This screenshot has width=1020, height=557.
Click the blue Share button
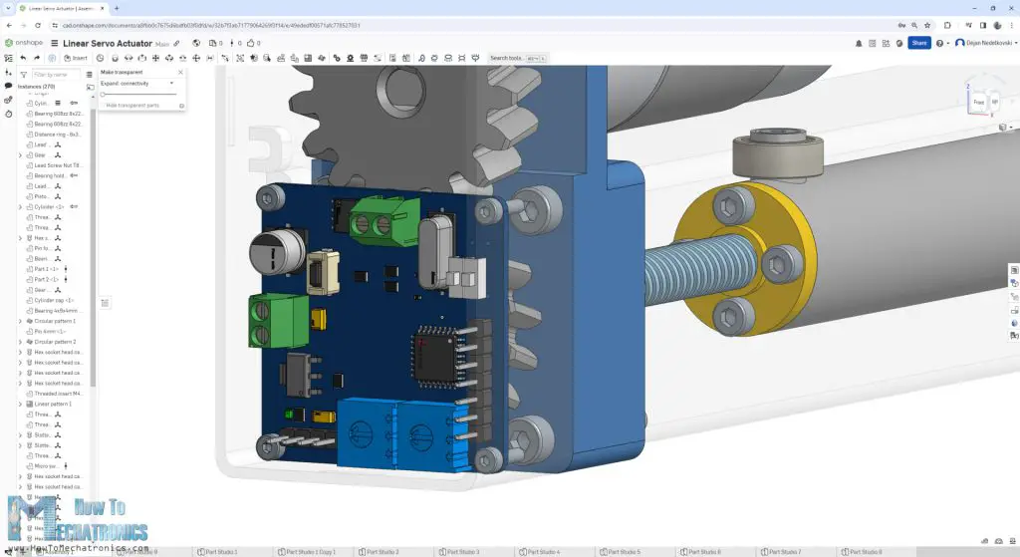[x=918, y=43]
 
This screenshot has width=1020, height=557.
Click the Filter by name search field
[x=55, y=75]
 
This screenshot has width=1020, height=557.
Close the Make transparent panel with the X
[x=180, y=72]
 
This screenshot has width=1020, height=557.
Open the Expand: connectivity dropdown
[x=137, y=83]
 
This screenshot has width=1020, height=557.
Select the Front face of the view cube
[x=978, y=102]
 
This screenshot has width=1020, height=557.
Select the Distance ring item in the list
[x=56, y=135]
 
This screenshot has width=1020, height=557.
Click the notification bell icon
[x=859, y=43]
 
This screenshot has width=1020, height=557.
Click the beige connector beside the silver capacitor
[x=320, y=274]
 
